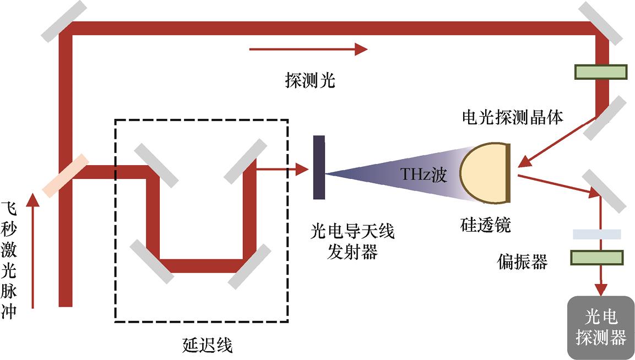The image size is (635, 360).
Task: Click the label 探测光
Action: (310, 81)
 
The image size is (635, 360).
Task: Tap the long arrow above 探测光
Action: (308, 50)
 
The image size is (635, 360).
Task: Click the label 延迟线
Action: (207, 345)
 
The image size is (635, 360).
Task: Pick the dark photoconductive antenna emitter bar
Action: (319, 167)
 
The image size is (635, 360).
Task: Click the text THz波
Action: (423, 176)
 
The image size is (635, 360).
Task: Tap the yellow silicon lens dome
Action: (482, 171)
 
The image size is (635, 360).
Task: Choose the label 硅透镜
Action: (485, 225)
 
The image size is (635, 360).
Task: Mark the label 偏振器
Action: (522, 262)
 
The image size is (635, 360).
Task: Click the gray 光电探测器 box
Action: (601, 328)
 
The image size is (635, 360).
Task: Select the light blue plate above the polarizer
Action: (596, 234)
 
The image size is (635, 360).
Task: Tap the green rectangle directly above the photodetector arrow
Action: (596, 258)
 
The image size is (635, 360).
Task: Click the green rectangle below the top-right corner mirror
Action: (601, 72)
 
